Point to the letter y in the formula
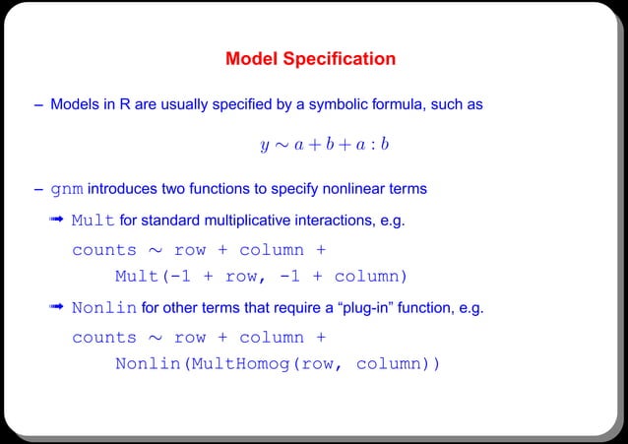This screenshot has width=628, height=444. (x=264, y=146)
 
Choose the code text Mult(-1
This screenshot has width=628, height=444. (x=152, y=275)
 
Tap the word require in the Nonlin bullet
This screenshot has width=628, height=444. (x=298, y=308)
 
